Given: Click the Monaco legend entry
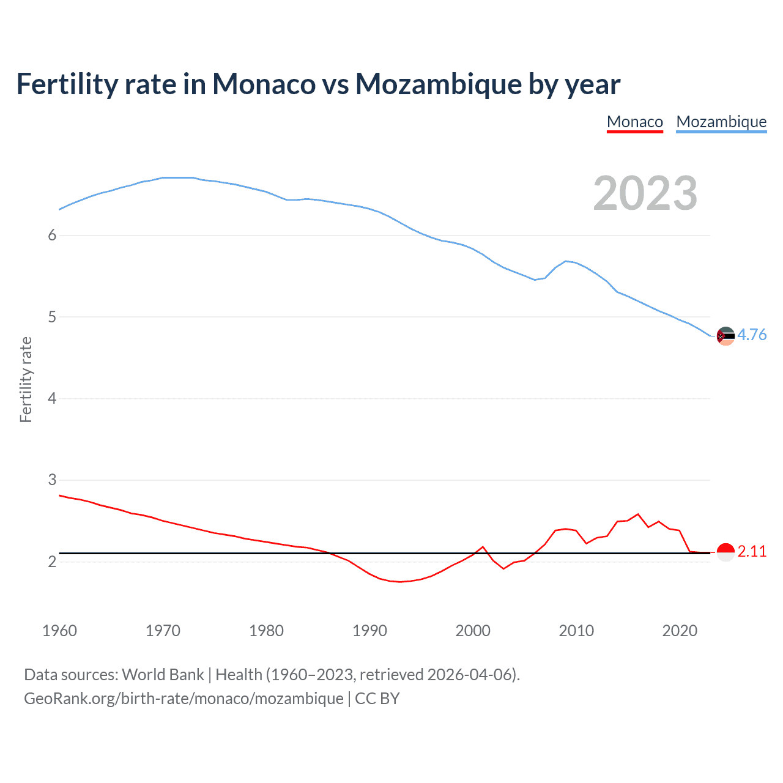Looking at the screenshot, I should (x=634, y=122).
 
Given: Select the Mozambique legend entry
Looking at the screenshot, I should (x=721, y=122).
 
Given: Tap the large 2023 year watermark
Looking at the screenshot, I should (x=645, y=193).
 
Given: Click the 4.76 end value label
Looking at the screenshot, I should (x=752, y=335).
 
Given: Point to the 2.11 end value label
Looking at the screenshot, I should (x=752, y=551).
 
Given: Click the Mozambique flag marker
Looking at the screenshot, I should (x=725, y=336).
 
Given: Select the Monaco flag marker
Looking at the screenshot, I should (x=725, y=552).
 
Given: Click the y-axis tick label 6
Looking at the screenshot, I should (x=52, y=236).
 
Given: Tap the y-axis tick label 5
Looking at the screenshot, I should (x=52, y=317).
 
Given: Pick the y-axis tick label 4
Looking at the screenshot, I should (x=52, y=399).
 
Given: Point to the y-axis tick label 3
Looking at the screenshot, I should (x=52, y=480).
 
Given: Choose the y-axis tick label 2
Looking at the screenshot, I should (x=52, y=562).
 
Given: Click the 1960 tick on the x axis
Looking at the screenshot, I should (x=59, y=631).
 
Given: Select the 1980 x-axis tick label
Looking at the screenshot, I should (x=266, y=631).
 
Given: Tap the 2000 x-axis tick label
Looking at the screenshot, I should (x=473, y=631).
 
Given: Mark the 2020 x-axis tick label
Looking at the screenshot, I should (x=680, y=631).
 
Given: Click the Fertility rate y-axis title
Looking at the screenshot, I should (x=26, y=379).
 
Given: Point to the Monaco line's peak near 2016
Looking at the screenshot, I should (x=638, y=514).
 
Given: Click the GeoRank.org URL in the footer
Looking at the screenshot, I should (x=184, y=699).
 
